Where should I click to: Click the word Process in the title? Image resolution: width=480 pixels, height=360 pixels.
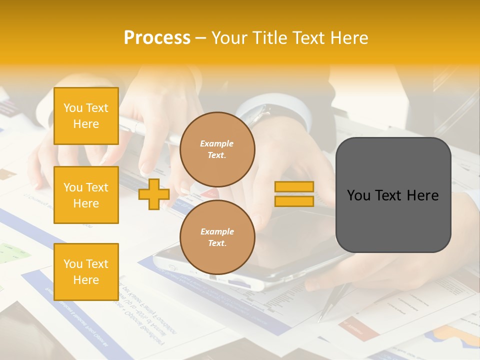pos(157,38)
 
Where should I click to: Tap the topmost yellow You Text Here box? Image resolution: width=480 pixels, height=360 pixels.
pos(86,116)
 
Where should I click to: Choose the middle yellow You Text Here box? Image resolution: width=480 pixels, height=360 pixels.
pos(86,195)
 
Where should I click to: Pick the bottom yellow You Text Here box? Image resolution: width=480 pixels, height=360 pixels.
pos(86,271)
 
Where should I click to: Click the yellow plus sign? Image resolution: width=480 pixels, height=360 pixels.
pos(153,194)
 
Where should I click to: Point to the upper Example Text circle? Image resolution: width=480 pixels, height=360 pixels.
pos(217,149)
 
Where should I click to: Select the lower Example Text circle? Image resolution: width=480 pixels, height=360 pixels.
pos(217,237)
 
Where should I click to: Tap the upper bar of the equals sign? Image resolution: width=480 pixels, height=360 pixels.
pos(294,187)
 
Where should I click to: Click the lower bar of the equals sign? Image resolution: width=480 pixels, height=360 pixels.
pos(294,201)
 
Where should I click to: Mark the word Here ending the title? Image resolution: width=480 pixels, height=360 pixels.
pos(348,38)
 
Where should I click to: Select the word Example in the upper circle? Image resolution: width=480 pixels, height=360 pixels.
pos(217,143)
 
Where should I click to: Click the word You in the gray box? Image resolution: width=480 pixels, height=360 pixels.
pos(358,195)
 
